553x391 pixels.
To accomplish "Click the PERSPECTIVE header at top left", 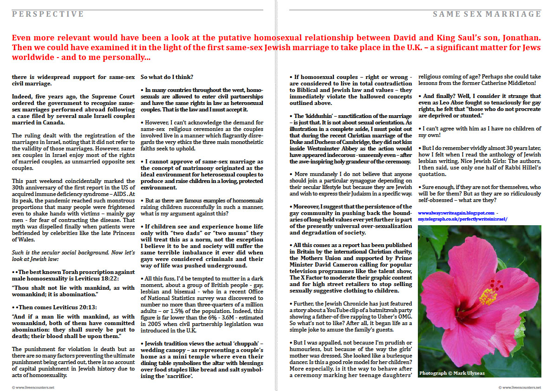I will [x=48, y=14].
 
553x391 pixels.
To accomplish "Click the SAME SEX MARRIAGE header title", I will [x=487, y=14].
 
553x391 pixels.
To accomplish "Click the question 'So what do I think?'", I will [x=167, y=77].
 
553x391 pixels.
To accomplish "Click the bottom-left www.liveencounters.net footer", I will [x=33, y=387].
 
